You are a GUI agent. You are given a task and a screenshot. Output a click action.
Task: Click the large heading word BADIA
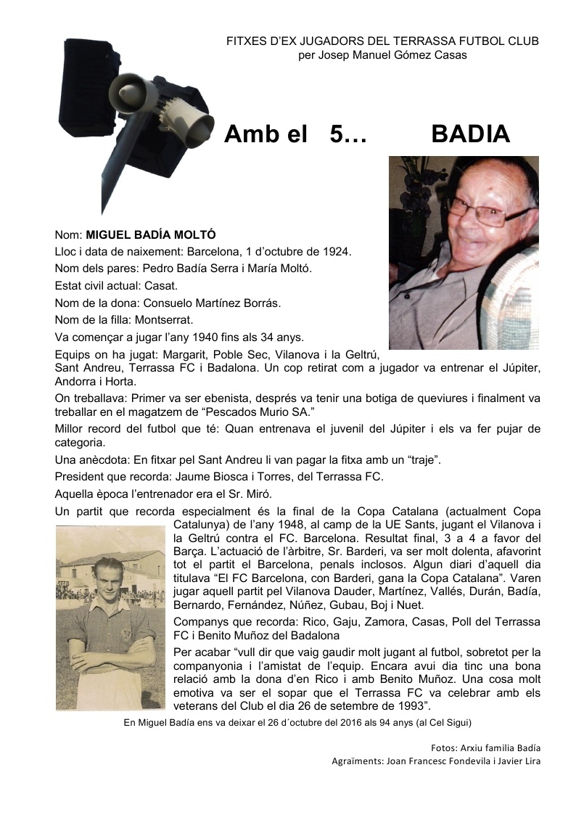click(x=470, y=134)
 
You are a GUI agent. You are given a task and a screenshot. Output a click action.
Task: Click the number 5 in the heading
click(x=338, y=134)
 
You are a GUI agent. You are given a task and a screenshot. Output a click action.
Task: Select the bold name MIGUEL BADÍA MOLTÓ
click(x=151, y=235)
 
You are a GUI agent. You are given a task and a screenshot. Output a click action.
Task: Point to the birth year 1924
click(x=335, y=252)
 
